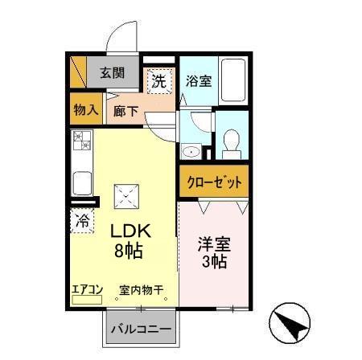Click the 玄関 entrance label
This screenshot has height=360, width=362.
(x=113, y=73)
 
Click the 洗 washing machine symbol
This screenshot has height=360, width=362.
(x=158, y=80)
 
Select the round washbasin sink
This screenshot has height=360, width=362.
(x=192, y=152)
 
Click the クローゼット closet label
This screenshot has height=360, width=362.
(x=214, y=182)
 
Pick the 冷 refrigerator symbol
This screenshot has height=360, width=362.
(x=81, y=220)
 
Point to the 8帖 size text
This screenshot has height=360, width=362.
(x=129, y=250)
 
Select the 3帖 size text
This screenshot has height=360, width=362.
(x=213, y=262)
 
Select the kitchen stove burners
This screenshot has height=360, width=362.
(x=83, y=141)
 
